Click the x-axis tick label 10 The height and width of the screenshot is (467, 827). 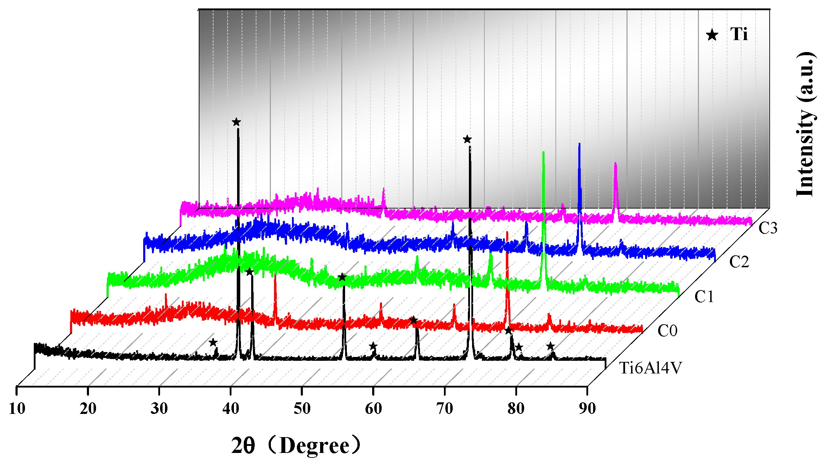click(17, 409)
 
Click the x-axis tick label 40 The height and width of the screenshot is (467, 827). click(231, 409)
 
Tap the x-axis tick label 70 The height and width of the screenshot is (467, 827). click(445, 409)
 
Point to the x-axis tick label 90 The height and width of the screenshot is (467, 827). click(587, 409)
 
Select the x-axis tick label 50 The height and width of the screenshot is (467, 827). click(302, 409)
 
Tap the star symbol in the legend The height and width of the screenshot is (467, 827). click(712, 35)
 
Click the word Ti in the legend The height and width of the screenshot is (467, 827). click(739, 34)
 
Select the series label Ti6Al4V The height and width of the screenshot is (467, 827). click(650, 368)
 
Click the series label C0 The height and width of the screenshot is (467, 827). click(667, 331)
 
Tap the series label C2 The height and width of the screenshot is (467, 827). click(739, 262)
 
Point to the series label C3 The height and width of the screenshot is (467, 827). click(768, 228)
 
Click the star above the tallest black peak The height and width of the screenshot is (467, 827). click(236, 122)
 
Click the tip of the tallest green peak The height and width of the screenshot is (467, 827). click(543, 153)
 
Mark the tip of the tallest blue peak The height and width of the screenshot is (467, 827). click(579, 144)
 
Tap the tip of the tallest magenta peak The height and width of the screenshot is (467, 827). click(615, 164)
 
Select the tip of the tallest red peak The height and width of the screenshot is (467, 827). click(507, 232)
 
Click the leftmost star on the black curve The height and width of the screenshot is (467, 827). click(213, 342)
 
